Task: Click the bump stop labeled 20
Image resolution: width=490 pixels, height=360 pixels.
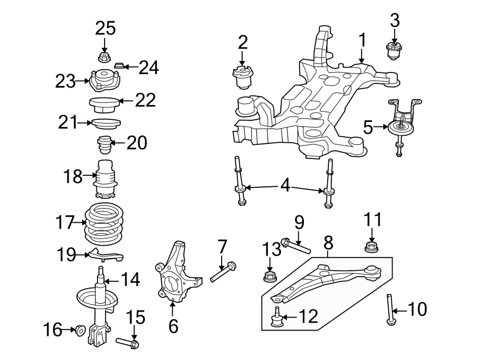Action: [104, 147]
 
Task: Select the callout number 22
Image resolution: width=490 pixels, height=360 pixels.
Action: [145, 100]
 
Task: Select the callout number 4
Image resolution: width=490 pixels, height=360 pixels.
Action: [285, 186]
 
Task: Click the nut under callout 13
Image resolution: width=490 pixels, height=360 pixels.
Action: [269, 277]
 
